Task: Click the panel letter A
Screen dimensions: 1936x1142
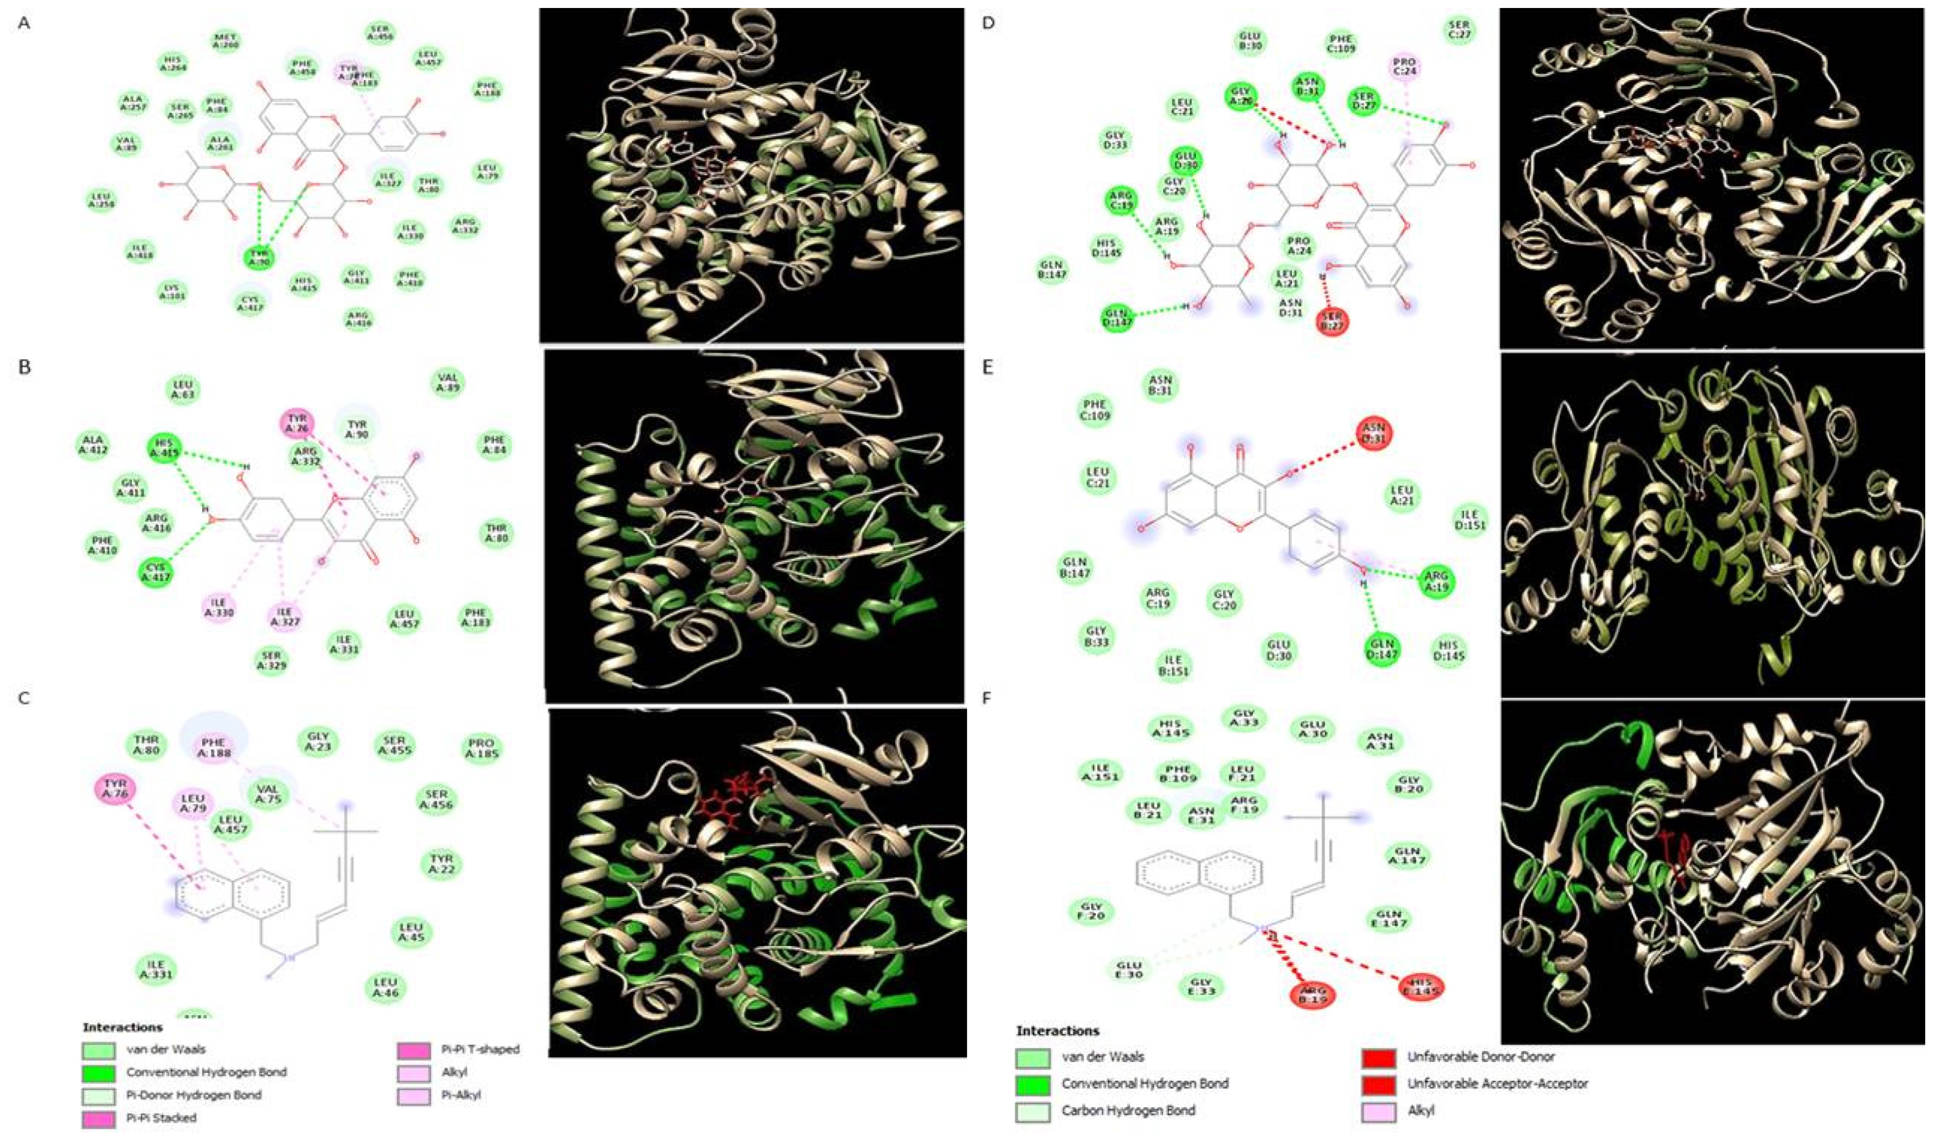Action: [x=25, y=24]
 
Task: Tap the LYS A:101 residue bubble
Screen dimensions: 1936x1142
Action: [x=173, y=291]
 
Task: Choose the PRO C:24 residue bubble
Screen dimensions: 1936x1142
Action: [x=1405, y=68]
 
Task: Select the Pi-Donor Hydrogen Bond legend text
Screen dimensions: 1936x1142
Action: [x=194, y=1094]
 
